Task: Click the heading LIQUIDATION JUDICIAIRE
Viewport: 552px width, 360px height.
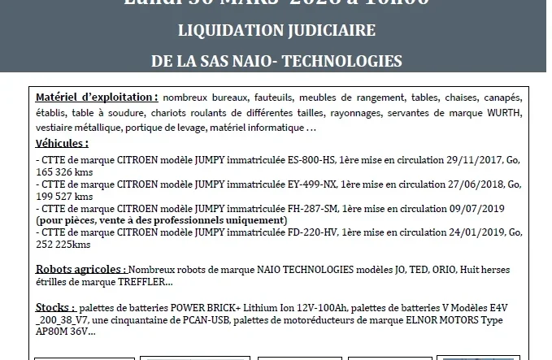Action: coord(276,31)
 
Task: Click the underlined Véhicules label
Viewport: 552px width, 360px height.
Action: coord(63,143)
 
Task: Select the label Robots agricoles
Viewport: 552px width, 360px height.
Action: coord(80,269)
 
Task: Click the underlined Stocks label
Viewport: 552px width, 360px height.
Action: coord(55,308)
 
